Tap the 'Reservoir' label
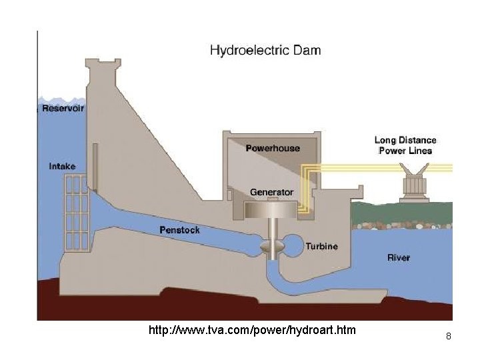[63, 108]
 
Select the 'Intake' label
[63, 166]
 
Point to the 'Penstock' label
[179, 230]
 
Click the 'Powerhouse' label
[273, 148]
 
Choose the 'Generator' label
[271, 192]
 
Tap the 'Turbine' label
[321, 246]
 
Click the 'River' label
[399, 257]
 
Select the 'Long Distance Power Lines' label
[405, 145]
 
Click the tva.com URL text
[252, 330]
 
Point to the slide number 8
[449, 337]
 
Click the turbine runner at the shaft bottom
[273, 249]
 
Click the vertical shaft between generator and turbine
[272, 230]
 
